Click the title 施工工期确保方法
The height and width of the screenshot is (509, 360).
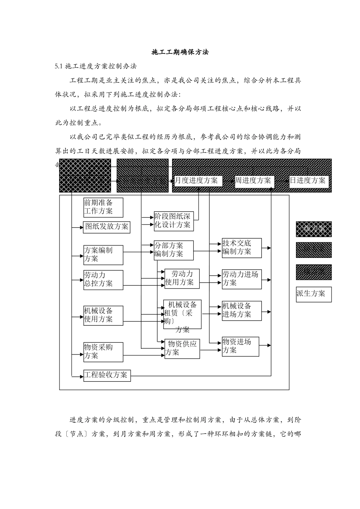[180, 52]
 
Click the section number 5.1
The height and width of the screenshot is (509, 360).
[58, 66]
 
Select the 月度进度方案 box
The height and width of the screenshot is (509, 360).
[197, 181]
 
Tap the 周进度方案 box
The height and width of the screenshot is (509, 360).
[253, 181]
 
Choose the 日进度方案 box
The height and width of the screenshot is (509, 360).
[308, 181]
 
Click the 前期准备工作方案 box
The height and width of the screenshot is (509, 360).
[103, 207]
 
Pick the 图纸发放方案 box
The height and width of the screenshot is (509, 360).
[106, 227]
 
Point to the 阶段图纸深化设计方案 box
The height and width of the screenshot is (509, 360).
[173, 221]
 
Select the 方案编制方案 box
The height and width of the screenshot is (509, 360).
[103, 255]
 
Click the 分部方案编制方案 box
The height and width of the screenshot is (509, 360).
[173, 250]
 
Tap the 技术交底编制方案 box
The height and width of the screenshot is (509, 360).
[241, 248]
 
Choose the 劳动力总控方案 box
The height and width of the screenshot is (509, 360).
[103, 280]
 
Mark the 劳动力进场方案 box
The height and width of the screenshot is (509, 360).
[241, 279]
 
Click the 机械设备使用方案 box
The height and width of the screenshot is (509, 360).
[103, 315]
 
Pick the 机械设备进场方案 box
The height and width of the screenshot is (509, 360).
[241, 311]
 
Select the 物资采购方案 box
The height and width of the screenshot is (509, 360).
[103, 352]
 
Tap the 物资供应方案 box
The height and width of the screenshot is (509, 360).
[182, 348]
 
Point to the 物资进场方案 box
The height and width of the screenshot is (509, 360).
[240, 346]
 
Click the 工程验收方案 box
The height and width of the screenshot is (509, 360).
[107, 375]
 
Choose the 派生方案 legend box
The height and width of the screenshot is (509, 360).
[313, 294]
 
